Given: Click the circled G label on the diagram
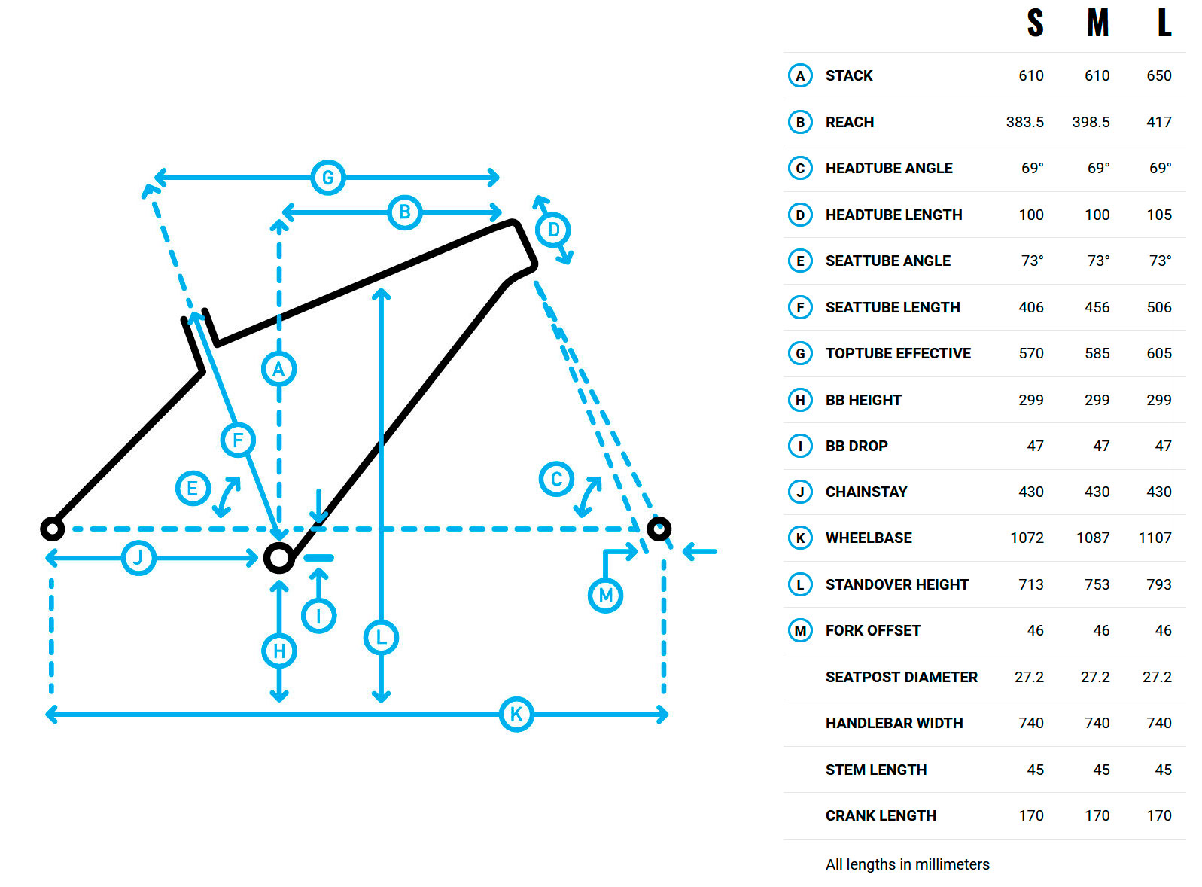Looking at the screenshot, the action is point(328,177).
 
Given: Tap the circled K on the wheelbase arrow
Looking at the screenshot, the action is point(516,714).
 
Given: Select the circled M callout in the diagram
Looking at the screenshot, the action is point(605,596).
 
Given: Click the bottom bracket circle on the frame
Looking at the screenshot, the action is point(279,558).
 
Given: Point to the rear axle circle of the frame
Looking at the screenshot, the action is point(53,529).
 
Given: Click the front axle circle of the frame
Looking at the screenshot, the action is point(659,529).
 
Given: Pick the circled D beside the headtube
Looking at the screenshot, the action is point(553,230).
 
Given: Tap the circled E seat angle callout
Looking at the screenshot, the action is point(193,489).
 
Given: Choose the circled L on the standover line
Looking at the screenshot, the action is point(381,637).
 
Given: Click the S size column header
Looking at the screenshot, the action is point(1035,23).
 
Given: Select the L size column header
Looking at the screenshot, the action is point(1164,23).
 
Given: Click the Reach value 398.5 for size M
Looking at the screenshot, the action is point(1091,123).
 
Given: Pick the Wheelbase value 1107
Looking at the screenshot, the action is point(1155,538).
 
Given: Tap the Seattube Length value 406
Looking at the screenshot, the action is point(1031,308).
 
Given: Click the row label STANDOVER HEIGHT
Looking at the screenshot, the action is point(896,584).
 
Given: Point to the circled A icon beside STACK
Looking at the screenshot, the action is point(800,76).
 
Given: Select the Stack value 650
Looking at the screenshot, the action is point(1159,76).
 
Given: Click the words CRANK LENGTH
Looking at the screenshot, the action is point(881,815).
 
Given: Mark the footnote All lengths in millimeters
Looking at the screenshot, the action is point(908,864).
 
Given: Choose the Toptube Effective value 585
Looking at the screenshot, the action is point(1097,353).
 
